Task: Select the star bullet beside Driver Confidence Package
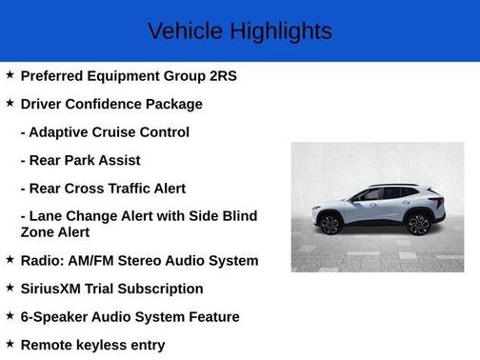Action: coord(10,103)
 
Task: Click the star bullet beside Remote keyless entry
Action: coord(10,344)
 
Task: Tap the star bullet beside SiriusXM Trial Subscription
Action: coord(10,288)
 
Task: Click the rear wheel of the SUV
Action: coord(418,224)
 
